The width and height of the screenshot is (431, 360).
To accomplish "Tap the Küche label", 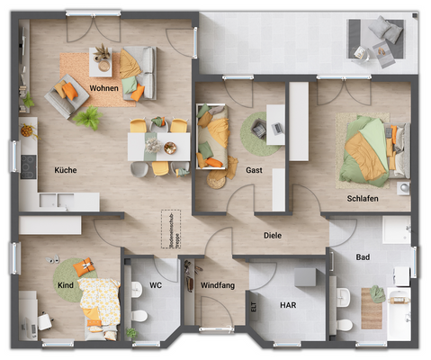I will [x=65, y=170].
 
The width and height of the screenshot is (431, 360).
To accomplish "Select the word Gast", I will [x=254, y=170].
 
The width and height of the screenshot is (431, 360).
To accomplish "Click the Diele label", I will [x=272, y=236].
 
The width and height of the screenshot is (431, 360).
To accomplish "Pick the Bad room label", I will [x=362, y=257].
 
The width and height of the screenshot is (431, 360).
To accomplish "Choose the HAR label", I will [x=286, y=305].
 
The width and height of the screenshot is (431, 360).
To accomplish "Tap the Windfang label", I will [x=217, y=286].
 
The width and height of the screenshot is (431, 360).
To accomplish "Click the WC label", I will [x=155, y=286].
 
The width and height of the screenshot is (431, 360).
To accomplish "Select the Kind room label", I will [x=66, y=286].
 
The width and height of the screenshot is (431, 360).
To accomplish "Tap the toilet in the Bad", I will [x=344, y=323].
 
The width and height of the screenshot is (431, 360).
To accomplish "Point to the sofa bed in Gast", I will [x=213, y=137].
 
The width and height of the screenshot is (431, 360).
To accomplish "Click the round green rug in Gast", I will [x=256, y=131].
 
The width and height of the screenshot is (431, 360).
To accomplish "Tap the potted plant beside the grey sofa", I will [x=87, y=117].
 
